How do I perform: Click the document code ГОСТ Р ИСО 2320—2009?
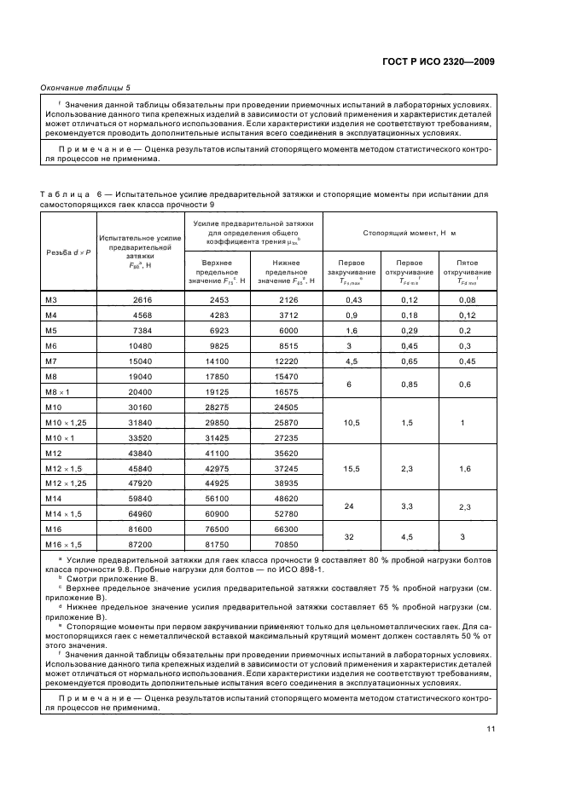pyautogui.click(x=449, y=62)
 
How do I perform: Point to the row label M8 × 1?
pyautogui.click(x=58, y=391)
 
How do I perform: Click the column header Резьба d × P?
pyautogui.click(x=68, y=252)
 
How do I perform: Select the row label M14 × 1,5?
pyautogui.click(x=62, y=514)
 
